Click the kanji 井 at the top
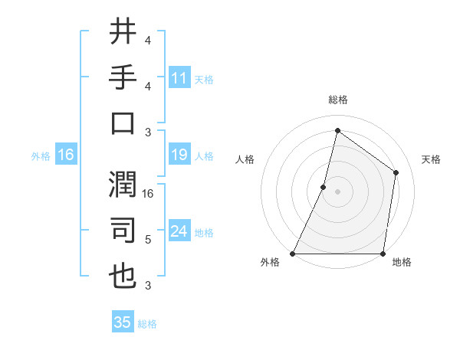[x=123, y=32]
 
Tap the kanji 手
[x=123, y=78]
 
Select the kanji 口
[x=123, y=124]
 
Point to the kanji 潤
[x=123, y=182]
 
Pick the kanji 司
[x=123, y=231]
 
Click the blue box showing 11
[x=179, y=78]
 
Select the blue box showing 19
[x=179, y=155]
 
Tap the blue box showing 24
[x=179, y=231]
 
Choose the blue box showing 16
[x=65, y=155]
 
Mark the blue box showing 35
[x=123, y=322]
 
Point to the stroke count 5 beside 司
[x=148, y=240]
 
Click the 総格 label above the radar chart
[x=337, y=100]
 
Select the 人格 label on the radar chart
[x=245, y=160]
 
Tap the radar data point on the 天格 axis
[x=396, y=172]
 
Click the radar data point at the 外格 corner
[x=293, y=254]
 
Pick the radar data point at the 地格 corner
[x=382, y=254]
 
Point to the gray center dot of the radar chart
[x=337, y=191]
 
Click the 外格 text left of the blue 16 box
[x=41, y=156]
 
